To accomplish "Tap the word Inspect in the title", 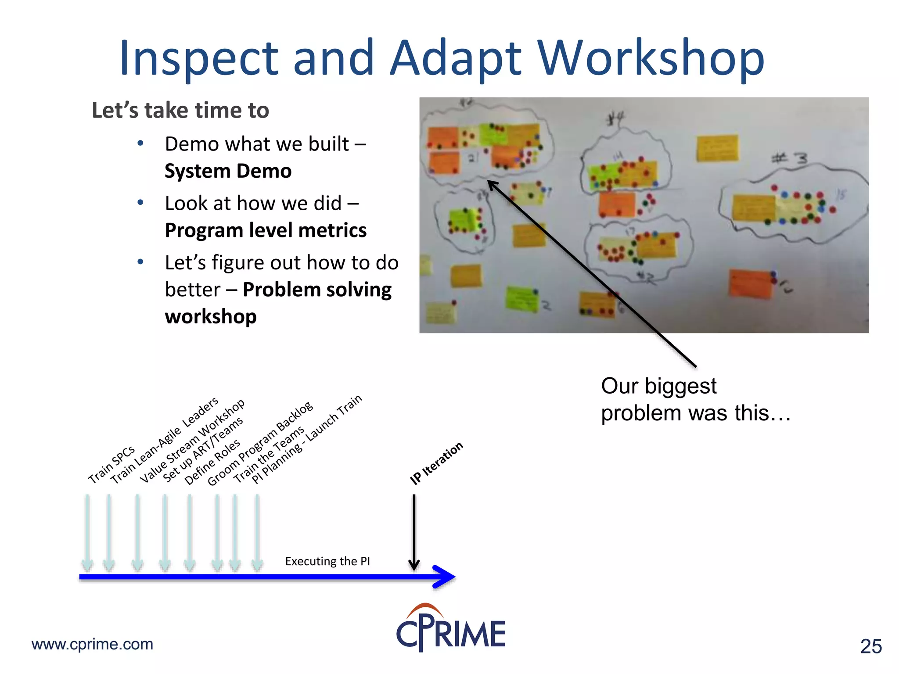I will pyautogui.click(x=198, y=58).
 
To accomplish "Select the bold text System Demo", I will pyautogui.click(x=228, y=171).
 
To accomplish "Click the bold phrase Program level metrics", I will pyautogui.click(x=266, y=230).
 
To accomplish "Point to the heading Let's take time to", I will pyautogui.click(x=180, y=110).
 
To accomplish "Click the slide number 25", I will pyautogui.click(x=871, y=646).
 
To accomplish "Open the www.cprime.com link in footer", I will pyautogui.click(x=92, y=644).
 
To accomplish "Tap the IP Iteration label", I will pyautogui.click(x=436, y=463).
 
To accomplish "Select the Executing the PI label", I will pyautogui.click(x=327, y=561).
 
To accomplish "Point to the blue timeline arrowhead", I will pyautogui.click(x=444, y=577).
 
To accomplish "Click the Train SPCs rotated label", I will pyautogui.click(x=111, y=465).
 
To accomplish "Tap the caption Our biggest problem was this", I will pyautogui.click(x=695, y=399).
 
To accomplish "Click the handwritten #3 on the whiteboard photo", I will pyautogui.click(x=790, y=158).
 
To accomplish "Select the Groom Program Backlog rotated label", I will pyautogui.click(x=260, y=444).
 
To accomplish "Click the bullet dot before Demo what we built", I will pyautogui.click(x=140, y=143).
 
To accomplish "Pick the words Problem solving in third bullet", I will pyautogui.click(x=317, y=290).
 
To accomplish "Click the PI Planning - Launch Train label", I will pyautogui.click(x=307, y=439).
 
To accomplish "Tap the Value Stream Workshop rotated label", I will pyautogui.click(x=192, y=441).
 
